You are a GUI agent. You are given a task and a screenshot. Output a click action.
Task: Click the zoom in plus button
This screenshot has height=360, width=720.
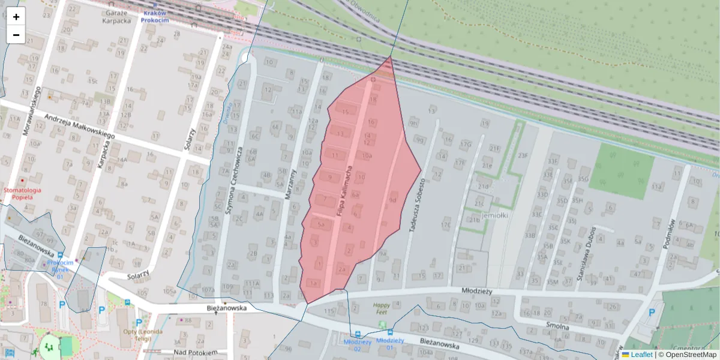coord(16,17)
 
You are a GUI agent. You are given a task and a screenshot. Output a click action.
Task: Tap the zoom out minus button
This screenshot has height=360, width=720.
coord(16,35)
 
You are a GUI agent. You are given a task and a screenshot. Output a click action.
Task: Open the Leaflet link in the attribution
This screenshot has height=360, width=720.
coord(641,355)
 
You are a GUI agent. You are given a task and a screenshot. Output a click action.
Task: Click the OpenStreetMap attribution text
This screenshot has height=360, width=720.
coord(691,355)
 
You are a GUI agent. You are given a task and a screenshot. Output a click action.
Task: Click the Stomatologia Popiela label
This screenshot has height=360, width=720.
coord(22,194)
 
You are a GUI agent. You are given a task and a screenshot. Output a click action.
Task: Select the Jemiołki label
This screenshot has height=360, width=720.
coord(494,215)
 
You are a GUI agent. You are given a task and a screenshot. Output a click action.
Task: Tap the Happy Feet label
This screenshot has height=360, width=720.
coord(380,308)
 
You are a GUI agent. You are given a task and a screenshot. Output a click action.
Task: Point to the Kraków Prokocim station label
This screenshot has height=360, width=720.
coord(155,16)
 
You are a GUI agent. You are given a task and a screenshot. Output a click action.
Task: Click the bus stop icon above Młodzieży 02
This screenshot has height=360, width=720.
coord(358,334)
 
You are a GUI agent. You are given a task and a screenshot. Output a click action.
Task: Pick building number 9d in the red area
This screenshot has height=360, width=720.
coord(394,200)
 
